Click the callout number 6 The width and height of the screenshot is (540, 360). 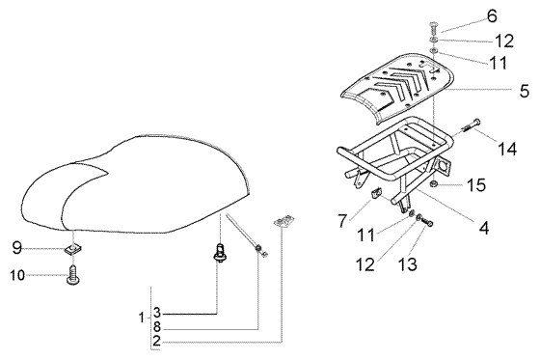click(492, 16)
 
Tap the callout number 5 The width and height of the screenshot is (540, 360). click(525, 91)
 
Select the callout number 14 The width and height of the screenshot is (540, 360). click(507, 150)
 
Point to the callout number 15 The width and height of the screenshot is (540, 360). click(476, 185)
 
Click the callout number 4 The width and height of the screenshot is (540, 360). click(484, 228)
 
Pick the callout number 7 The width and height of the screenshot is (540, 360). click(342, 221)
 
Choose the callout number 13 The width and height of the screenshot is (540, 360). click(407, 264)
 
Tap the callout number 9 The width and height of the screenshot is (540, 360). click(17, 248)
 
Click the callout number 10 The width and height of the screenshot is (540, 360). click(17, 275)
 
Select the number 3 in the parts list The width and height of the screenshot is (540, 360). click(157, 313)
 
